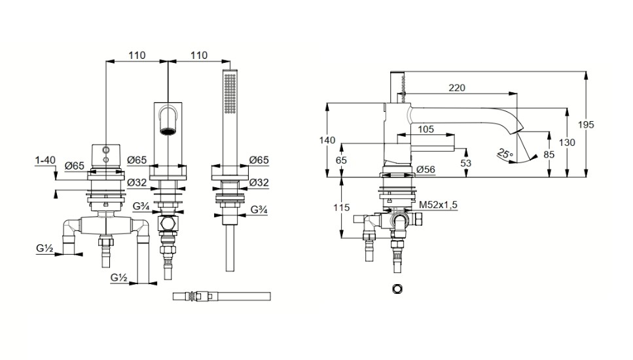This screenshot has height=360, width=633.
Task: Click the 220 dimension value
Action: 456,88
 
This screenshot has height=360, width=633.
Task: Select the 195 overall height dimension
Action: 586,125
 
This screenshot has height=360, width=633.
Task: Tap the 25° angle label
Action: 505,154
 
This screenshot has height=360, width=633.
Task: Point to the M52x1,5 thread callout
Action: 438,205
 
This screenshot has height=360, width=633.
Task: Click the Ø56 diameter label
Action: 426,170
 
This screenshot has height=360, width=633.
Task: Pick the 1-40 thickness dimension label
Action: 45,160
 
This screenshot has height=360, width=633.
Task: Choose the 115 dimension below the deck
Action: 342,207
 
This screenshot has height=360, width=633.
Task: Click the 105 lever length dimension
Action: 425,129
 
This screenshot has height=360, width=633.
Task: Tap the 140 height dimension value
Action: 327,140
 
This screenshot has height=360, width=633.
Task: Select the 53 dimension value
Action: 465,163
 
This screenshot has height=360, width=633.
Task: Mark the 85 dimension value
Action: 549,154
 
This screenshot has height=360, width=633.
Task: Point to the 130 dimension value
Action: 567,143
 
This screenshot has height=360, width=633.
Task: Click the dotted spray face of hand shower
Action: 231,93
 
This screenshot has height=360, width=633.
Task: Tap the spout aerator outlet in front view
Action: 168,131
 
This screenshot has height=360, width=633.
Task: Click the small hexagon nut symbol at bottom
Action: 397,289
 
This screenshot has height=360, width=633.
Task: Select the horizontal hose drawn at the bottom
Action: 222,297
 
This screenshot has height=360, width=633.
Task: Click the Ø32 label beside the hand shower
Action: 259,183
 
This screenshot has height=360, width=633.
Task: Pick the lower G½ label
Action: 119,278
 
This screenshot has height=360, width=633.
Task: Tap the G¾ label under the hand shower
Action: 259,209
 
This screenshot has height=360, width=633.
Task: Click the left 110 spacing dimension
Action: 137,55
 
